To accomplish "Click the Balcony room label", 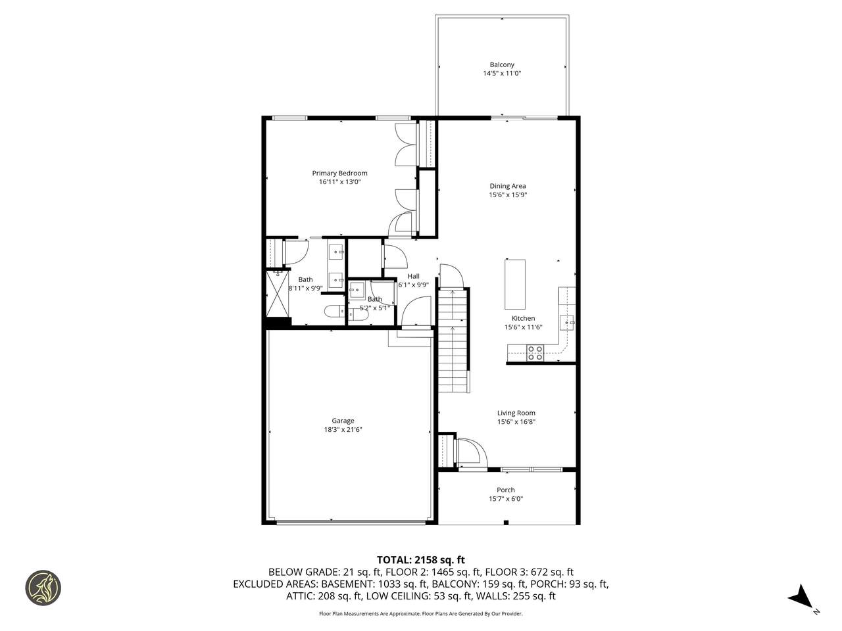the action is click(501, 65).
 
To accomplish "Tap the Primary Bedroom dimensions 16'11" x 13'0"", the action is click(339, 182).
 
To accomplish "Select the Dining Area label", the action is click(507, 186).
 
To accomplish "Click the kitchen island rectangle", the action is click(514, 284).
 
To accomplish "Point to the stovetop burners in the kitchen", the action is click(535, 353).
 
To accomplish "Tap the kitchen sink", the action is click(566, 323).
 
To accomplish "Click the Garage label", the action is click(343, 421).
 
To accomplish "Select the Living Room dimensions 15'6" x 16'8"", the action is click(516, 422).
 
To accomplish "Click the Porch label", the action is click(506, 490).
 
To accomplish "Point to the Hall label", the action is click(413, 276).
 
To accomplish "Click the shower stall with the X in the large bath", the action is click(278, 293).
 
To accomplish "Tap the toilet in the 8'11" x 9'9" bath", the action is click(334, 311).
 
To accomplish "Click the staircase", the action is click(454, 340).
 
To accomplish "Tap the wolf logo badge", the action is click(43, 588).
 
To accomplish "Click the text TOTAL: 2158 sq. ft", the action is click(421, 560).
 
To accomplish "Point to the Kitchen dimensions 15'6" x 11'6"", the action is click(523, 327).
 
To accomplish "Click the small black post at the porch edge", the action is click(506, 522).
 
